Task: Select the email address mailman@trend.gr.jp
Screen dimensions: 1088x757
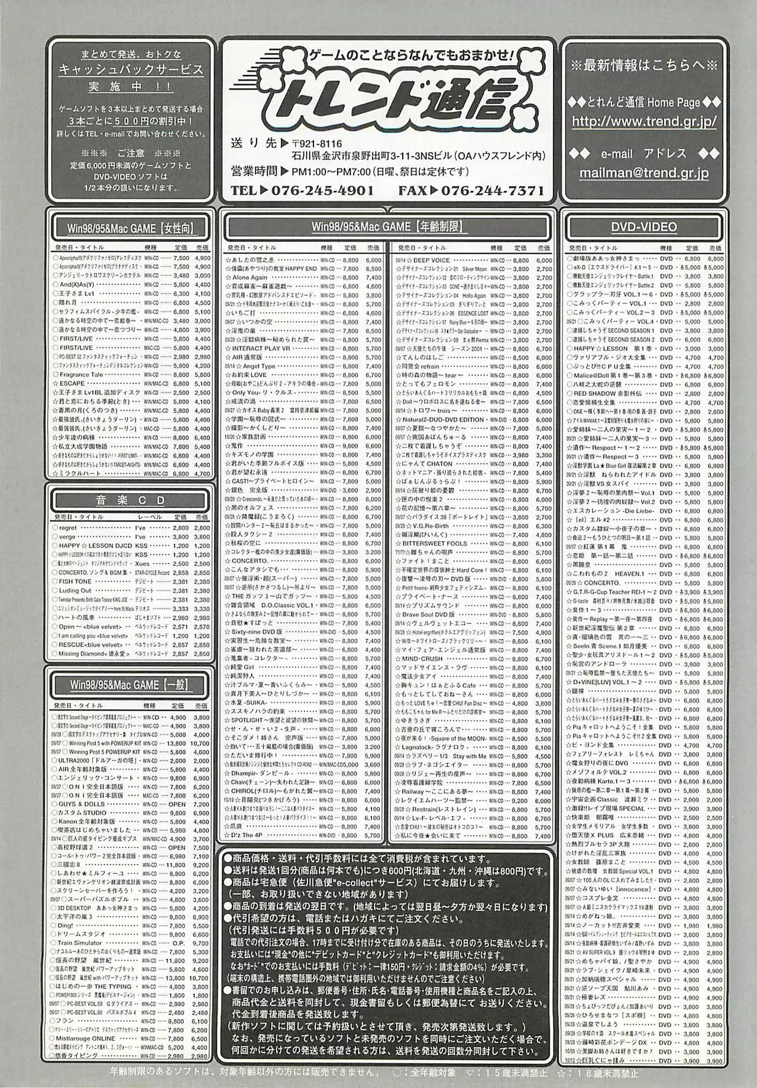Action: [x=643, y=173]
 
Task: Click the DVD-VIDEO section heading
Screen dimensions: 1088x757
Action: [x=643, y=227]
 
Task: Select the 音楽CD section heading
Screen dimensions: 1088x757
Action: [x=130, y=500]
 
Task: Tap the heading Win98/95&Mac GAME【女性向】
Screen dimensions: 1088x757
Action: [x=130, y=228]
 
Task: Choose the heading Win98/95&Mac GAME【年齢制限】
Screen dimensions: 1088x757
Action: [x=387, y=226]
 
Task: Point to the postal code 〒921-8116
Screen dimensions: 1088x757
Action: [x=316, y=145]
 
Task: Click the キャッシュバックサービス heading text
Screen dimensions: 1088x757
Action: [x=131, y=70]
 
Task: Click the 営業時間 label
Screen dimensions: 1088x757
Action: [x=254, y=172]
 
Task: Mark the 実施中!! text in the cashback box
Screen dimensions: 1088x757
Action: [x=131, y=87]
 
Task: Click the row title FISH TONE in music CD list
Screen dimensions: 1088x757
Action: [x=75, y=581]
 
